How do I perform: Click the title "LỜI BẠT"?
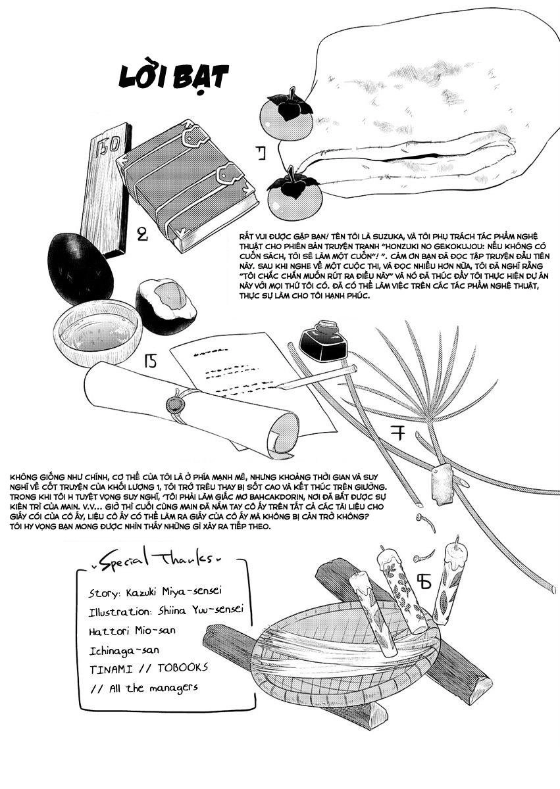pos(174,78)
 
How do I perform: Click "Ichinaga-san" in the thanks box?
pos(124,650)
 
